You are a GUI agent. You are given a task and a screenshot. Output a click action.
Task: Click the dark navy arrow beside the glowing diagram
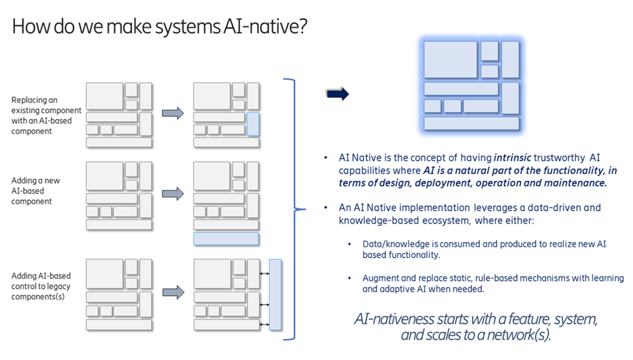pyautogui.click(x=337, y=94)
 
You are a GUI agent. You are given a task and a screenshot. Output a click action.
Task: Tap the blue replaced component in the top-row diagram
pyautogui.click(x=253, y=124)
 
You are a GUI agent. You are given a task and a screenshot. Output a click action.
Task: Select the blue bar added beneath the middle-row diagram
pyautogui.click(x=226, y=239)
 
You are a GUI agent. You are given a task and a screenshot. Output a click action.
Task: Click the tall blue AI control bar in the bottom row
pyautogui.click(x=275, y=294)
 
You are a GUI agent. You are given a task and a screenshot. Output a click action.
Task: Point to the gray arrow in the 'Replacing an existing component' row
pyautogui.click(x=173, y=113)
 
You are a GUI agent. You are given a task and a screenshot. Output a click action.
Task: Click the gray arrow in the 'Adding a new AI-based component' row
pyautogui.click(x=173, y=194)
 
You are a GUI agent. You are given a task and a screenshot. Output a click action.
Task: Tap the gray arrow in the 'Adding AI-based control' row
pyautogui.click(x=173, y=292)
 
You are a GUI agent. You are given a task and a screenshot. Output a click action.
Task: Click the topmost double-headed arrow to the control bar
pyautogui.click(x=264, y=273)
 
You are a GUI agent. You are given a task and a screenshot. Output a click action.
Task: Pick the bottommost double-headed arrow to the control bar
pyautogui.click(x=264, y=325)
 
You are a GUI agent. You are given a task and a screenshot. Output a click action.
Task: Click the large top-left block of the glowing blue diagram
pyautogui.click(x=450, y=59)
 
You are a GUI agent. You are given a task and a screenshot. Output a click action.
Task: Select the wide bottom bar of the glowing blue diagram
pyautogui.click(x=471, y=123)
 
